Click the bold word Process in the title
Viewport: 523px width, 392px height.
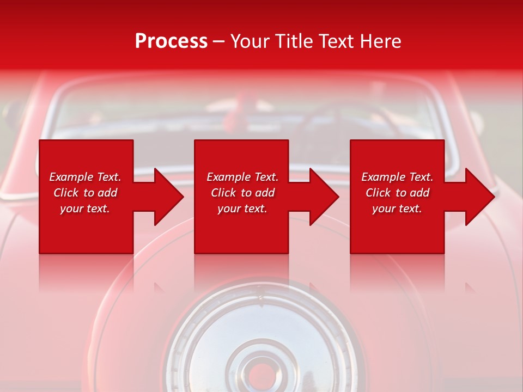(x=171, y=41)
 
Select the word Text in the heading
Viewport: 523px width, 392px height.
(x=336, y=41)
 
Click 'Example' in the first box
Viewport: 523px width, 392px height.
(x=70, y=177)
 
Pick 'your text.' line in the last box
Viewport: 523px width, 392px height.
(x=397, y=209)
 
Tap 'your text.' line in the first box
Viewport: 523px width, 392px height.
(x=85, y=209)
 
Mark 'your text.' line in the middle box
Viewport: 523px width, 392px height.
(x=242, y=209)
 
